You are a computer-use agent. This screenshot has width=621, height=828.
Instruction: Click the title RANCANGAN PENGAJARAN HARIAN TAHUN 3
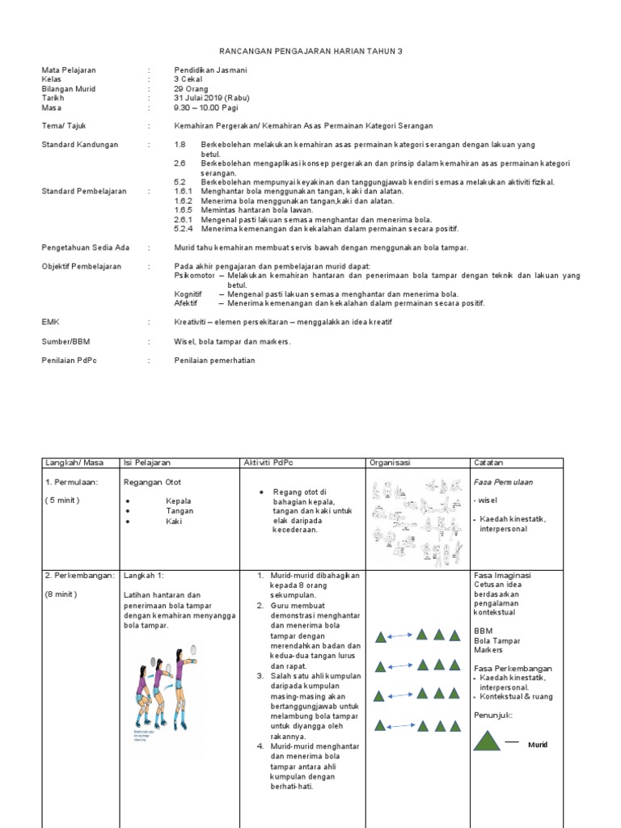tap(310, 52)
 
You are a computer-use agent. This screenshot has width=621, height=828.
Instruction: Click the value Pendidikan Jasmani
tap(210, 70)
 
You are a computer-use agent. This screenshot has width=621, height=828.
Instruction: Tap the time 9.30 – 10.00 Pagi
tap(206, 108)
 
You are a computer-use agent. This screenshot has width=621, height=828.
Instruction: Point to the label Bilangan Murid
tap(70, 89)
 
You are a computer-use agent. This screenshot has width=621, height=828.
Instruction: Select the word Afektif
tap(186, 303)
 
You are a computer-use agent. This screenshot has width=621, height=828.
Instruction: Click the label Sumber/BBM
tap(65, 341)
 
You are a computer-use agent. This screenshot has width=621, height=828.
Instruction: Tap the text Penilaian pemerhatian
tap(214, 360)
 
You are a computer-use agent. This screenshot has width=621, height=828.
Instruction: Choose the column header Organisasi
tap(390, 463)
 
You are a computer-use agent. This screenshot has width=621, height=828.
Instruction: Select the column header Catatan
tap(488, 463)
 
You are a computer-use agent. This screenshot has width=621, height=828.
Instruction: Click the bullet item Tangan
tap(180, 511)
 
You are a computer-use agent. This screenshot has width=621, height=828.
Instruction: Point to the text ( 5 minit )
tap(62, 501)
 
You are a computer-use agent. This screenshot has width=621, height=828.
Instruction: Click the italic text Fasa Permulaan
tap(503, 482)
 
